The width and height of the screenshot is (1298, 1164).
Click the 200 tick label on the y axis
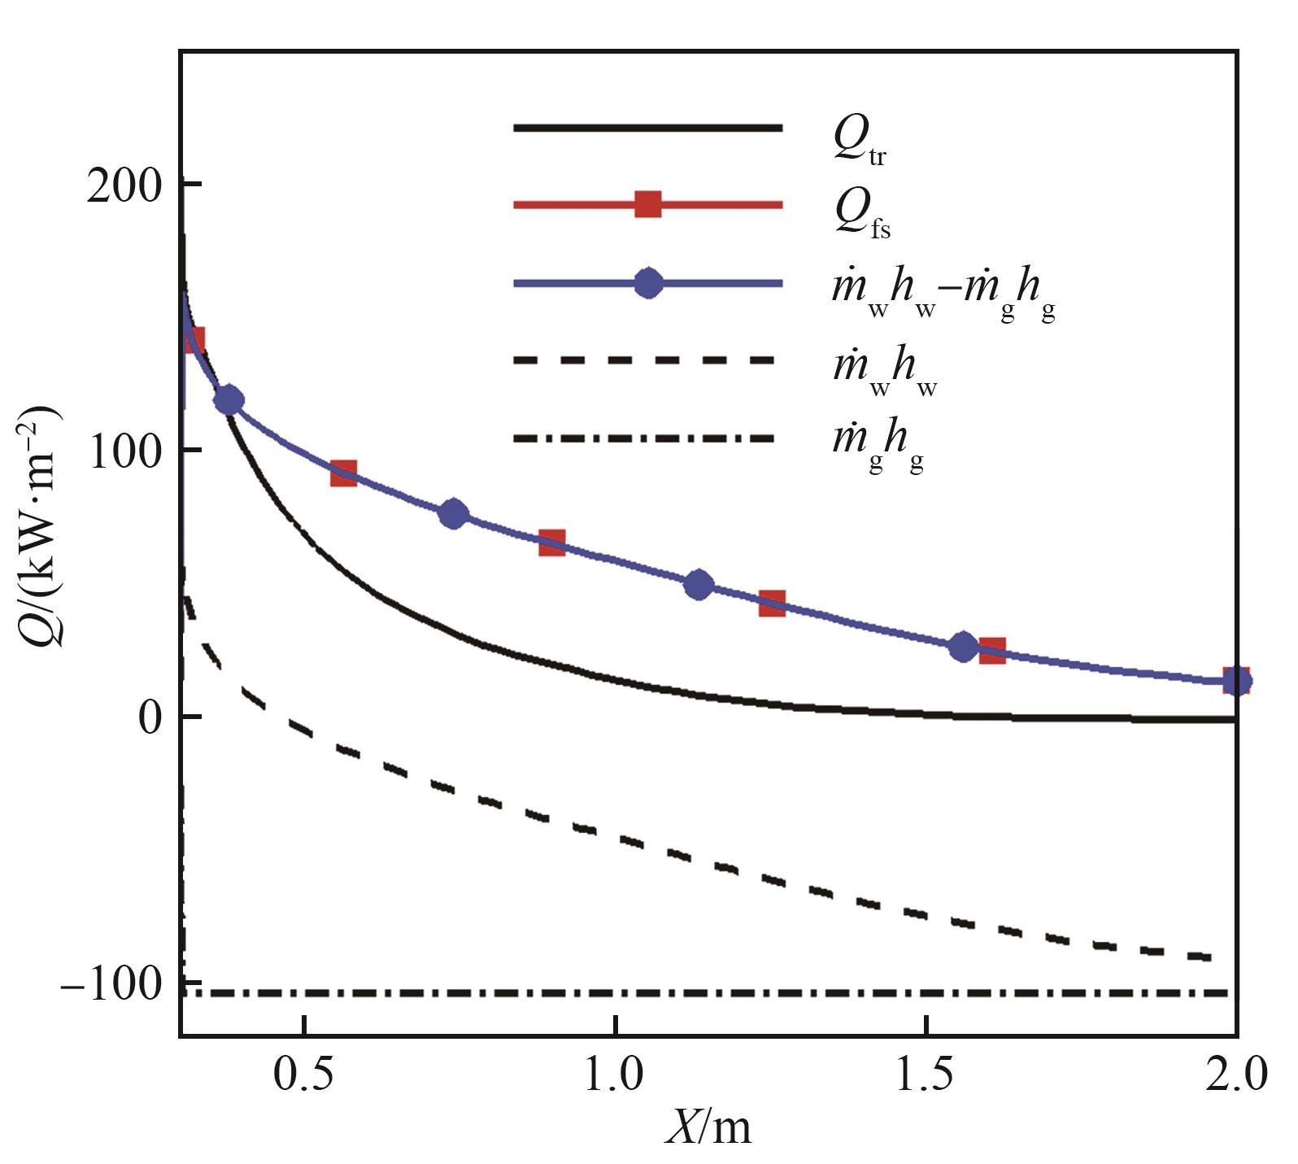click(124, 186)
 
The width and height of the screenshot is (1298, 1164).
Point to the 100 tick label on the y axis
click(124, 452)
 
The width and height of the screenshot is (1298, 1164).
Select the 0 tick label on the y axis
click(150, 718)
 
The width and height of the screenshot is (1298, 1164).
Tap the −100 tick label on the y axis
click(112, 985)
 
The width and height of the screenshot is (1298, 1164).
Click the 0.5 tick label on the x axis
click(303, 1074)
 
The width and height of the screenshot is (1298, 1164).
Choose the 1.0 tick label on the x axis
click(615, 1074)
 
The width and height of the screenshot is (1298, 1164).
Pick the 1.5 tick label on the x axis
click(927, 1074)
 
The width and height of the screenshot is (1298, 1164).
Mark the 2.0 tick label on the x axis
click(1236, 1074)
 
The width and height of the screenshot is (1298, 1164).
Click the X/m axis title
click(708, 1127)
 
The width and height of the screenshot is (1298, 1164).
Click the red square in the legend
click(647, 204)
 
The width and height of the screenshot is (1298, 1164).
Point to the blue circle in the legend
click(647, 283)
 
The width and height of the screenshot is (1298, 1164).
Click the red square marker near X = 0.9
click(552, 543)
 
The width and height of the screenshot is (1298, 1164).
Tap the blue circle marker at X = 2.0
click(1236, 681)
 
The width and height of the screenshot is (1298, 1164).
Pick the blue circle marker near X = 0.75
click(453, 514)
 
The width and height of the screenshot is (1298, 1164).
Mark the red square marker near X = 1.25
click(772, 604)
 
